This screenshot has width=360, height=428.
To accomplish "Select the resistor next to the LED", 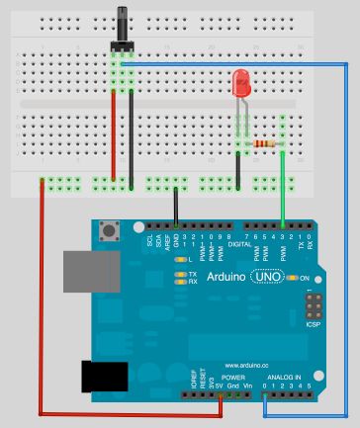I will click(261, 144).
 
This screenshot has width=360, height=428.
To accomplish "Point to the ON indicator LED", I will click(293, 279).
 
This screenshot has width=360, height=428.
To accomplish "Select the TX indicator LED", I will click(180, 273).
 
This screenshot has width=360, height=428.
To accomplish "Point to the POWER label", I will click(232, 378).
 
